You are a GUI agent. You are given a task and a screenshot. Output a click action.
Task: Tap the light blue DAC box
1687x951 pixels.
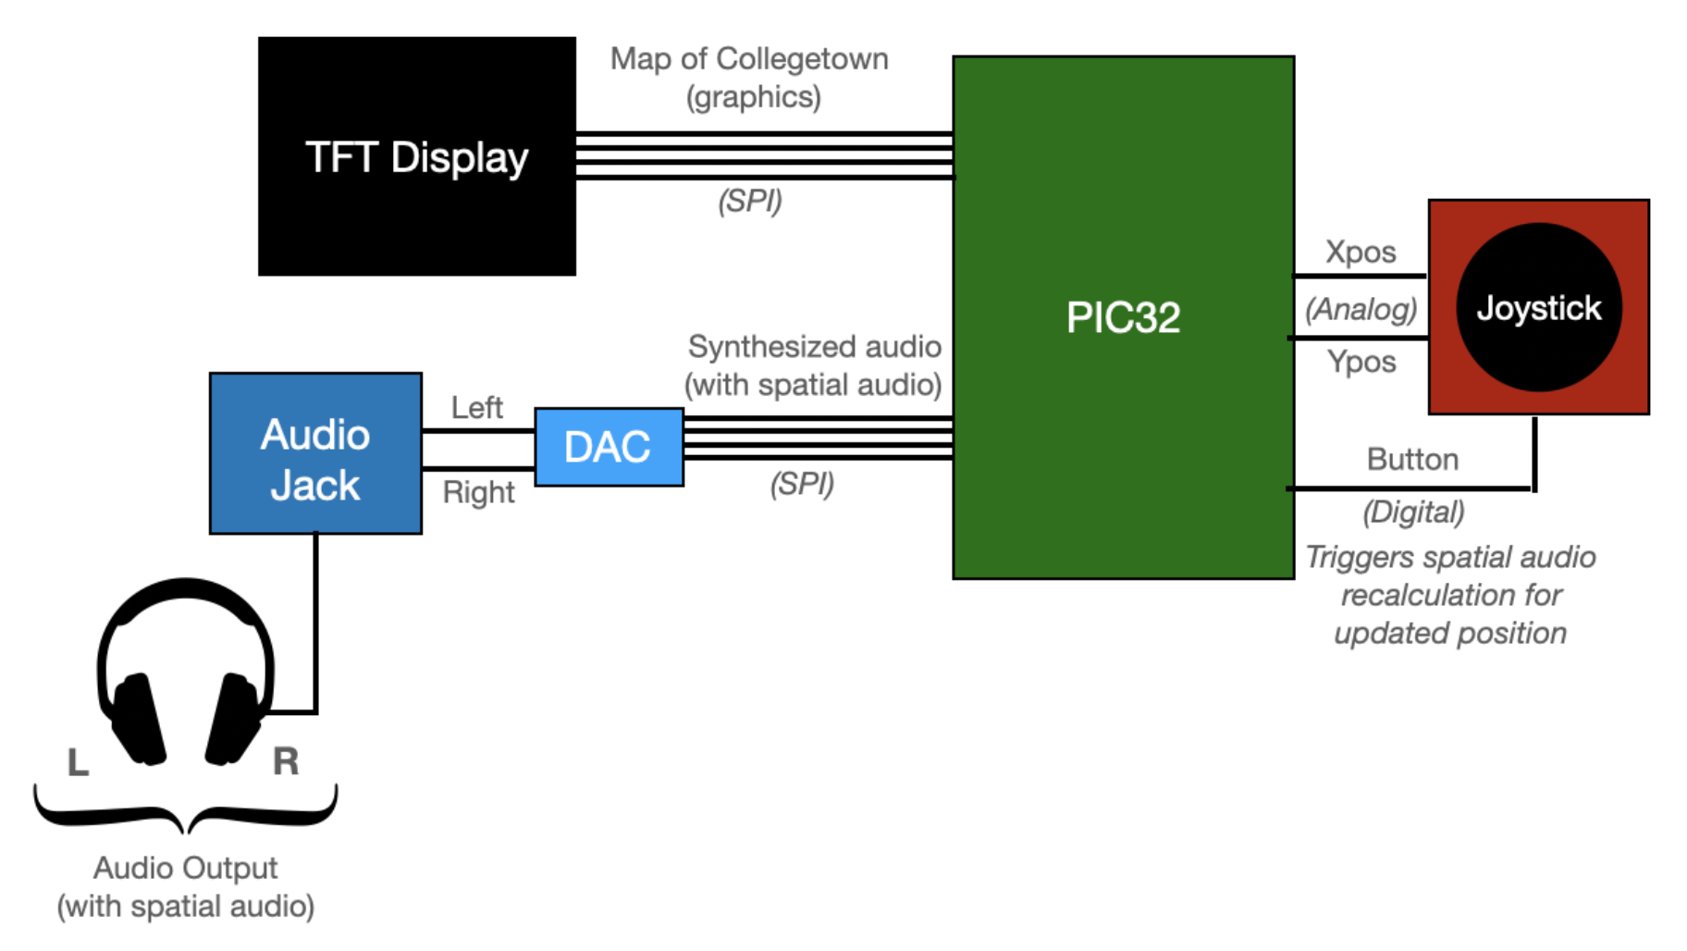609,447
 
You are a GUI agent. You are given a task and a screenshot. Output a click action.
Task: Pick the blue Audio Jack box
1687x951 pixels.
315,453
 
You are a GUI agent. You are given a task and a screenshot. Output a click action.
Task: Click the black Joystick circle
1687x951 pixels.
1538,307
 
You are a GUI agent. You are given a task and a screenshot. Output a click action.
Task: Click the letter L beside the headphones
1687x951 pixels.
79,762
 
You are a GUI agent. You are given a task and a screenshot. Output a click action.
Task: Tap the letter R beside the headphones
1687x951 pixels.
286,761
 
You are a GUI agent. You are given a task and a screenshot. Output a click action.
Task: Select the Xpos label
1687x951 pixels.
1360,252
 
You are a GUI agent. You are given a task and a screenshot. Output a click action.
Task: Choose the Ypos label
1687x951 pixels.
1361,362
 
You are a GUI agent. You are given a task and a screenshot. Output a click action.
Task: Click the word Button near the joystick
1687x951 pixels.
1412,460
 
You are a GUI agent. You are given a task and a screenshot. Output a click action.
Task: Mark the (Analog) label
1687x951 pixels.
1361,309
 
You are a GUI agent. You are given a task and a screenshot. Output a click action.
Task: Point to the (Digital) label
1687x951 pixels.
1413,512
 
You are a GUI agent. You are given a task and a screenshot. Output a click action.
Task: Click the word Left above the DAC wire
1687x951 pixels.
476,408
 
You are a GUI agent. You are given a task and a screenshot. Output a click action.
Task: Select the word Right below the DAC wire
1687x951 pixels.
478,492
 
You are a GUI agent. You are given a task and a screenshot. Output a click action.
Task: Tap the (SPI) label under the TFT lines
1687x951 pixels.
750,201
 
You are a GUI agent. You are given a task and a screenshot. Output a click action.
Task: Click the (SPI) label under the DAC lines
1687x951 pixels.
802,484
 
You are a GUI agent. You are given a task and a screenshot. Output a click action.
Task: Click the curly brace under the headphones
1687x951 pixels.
186,810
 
